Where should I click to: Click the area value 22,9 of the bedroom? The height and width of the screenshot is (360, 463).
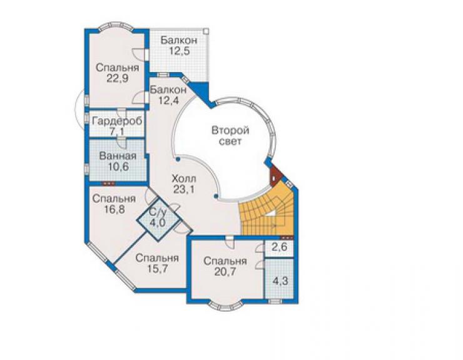(x=117, y=79)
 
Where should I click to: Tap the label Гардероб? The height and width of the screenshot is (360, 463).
(x=117, y=121)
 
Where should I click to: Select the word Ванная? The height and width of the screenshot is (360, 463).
(x=118, y=156)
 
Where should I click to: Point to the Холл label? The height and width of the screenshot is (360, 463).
(x=183, y=178)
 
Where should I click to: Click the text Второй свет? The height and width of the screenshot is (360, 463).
(x=230, y=136)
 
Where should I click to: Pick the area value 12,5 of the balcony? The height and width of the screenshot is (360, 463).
(x=179, y=51)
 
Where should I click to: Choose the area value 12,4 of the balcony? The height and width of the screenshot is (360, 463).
(x=168, y=101)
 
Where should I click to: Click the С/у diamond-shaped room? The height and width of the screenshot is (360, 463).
(x=158, y=219)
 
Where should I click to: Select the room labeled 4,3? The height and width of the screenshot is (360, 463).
(x=279, y=279)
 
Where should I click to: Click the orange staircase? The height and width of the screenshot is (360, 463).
(x=267, y=212)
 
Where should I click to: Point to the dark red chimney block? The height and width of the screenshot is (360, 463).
(x=276, y=175)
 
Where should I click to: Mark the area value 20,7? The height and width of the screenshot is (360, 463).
(x=225, y=271)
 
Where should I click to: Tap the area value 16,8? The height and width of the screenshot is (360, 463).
(x=114, y=209)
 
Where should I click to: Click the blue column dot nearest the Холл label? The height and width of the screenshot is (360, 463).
(x=178, y=159)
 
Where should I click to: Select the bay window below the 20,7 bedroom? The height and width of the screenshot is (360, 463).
(x=227, y=306)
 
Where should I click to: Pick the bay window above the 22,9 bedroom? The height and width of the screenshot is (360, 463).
(x=116, y=26)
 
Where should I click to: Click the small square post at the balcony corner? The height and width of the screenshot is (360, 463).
(x=206, y=31)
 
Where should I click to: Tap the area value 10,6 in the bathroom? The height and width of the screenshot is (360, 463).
(x=118, y=167)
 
